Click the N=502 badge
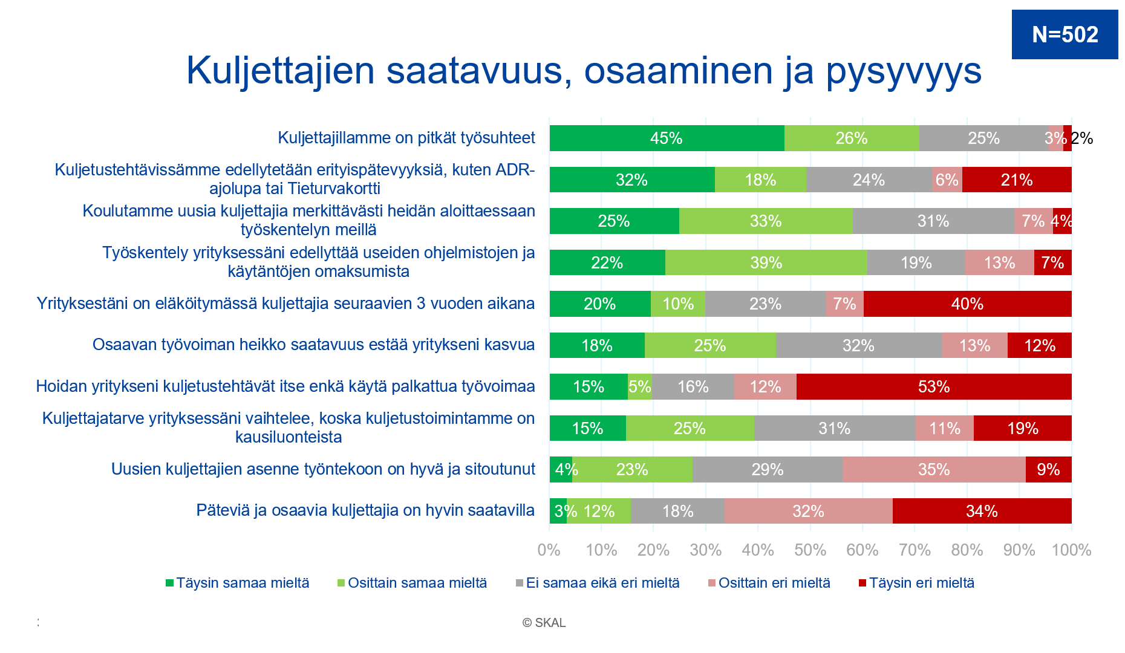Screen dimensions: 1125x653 coord(1065,34)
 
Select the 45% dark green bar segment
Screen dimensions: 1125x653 coord(667,138)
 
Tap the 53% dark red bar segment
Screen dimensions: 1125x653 coord(934,387)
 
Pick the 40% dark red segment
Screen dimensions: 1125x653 coord(967,304)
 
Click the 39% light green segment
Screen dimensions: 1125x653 coord(766,262)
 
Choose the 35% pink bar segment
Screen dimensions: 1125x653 coord(934,470)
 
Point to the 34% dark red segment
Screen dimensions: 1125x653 coord(982,511)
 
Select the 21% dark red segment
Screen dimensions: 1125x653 coord(1017,180)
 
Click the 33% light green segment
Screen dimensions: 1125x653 coord(766,221)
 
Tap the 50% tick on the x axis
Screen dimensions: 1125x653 coord(810,550)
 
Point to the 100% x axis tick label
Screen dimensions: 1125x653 coord(1071,550)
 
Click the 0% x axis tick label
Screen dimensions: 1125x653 coord(549,550)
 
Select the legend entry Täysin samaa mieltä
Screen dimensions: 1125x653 coord(238,583)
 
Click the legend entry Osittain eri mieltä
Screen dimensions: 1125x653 coord(769,583)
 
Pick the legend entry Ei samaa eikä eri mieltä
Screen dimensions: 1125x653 coord(598,583)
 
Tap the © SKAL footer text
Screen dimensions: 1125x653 coord(544,623)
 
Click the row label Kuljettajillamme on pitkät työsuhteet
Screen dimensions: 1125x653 coord(406,138)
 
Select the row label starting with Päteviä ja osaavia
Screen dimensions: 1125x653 coord(365,510)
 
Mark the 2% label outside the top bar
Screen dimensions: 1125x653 coord(1082,138)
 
